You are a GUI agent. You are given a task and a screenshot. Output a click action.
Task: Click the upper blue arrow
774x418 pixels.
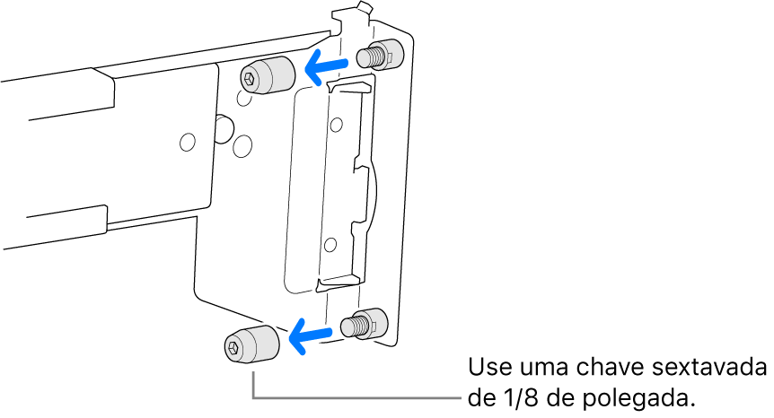(326, 65)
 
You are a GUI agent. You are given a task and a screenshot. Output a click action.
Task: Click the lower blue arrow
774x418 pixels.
(310, 335)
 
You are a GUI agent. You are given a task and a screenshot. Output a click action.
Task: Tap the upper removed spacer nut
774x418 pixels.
(268, 76)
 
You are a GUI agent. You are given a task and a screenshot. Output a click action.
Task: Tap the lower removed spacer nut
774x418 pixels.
(251, 345)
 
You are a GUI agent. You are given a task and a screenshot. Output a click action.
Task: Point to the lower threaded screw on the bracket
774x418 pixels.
(365, 323)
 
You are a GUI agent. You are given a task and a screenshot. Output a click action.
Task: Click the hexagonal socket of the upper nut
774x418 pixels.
(249, 78)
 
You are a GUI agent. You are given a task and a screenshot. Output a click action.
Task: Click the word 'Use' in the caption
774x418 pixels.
(486, 367)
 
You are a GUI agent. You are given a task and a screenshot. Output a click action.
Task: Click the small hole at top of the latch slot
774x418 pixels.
(337, 124)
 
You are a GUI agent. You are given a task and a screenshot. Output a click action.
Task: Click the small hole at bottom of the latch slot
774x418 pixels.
(330, 245)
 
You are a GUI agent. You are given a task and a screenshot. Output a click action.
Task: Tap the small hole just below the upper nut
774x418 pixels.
(243, 98)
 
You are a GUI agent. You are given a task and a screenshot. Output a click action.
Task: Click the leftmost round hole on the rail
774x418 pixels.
(187, 142)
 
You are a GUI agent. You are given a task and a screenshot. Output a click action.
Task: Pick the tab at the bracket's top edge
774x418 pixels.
(365, 9)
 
